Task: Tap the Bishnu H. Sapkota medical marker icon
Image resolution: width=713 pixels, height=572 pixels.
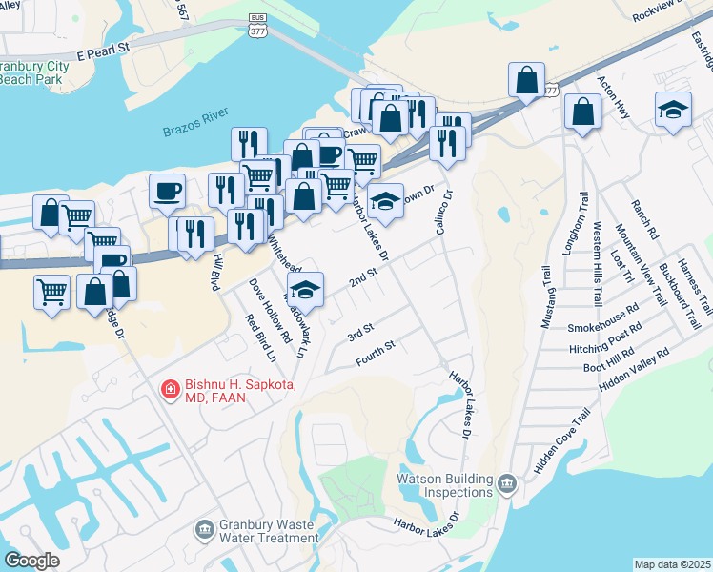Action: click(x=170, y=389)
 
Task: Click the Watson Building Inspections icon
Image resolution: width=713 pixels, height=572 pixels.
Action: click(x=506, y=485)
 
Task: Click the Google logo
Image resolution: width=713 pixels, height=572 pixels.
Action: click(x=31, y=561)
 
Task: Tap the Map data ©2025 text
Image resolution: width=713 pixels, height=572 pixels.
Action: click(x=672, y=565)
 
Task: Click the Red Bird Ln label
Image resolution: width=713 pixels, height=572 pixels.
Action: click(x=259, y=337)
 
